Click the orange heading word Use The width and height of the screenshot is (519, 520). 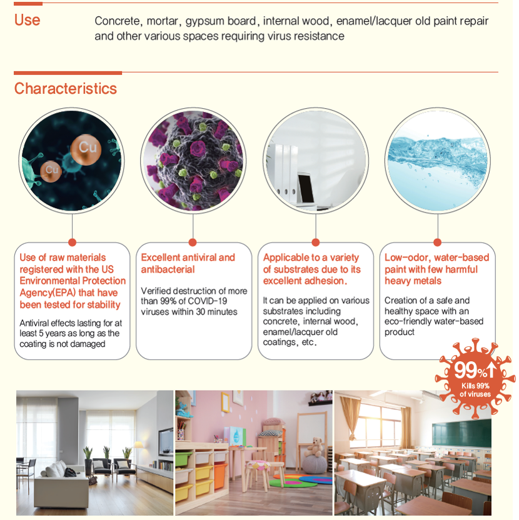28,20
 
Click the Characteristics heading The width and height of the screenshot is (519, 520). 66,89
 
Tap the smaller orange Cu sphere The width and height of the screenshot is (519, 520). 51,171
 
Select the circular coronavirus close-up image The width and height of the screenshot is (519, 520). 193,161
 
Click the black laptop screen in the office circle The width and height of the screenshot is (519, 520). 306,188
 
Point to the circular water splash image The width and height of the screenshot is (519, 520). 438,161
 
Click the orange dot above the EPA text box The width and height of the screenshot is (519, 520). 72,242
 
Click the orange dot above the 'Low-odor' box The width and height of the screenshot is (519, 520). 437,242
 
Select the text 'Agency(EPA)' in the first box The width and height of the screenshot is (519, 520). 48,293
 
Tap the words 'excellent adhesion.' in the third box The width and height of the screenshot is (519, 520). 305,281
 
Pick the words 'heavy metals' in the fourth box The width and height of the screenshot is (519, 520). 413,281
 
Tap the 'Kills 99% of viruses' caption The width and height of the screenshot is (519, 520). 475,390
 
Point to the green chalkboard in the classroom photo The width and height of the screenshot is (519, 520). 461,434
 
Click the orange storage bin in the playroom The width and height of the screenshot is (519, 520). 221,476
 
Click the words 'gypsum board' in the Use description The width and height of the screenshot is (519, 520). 221,21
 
